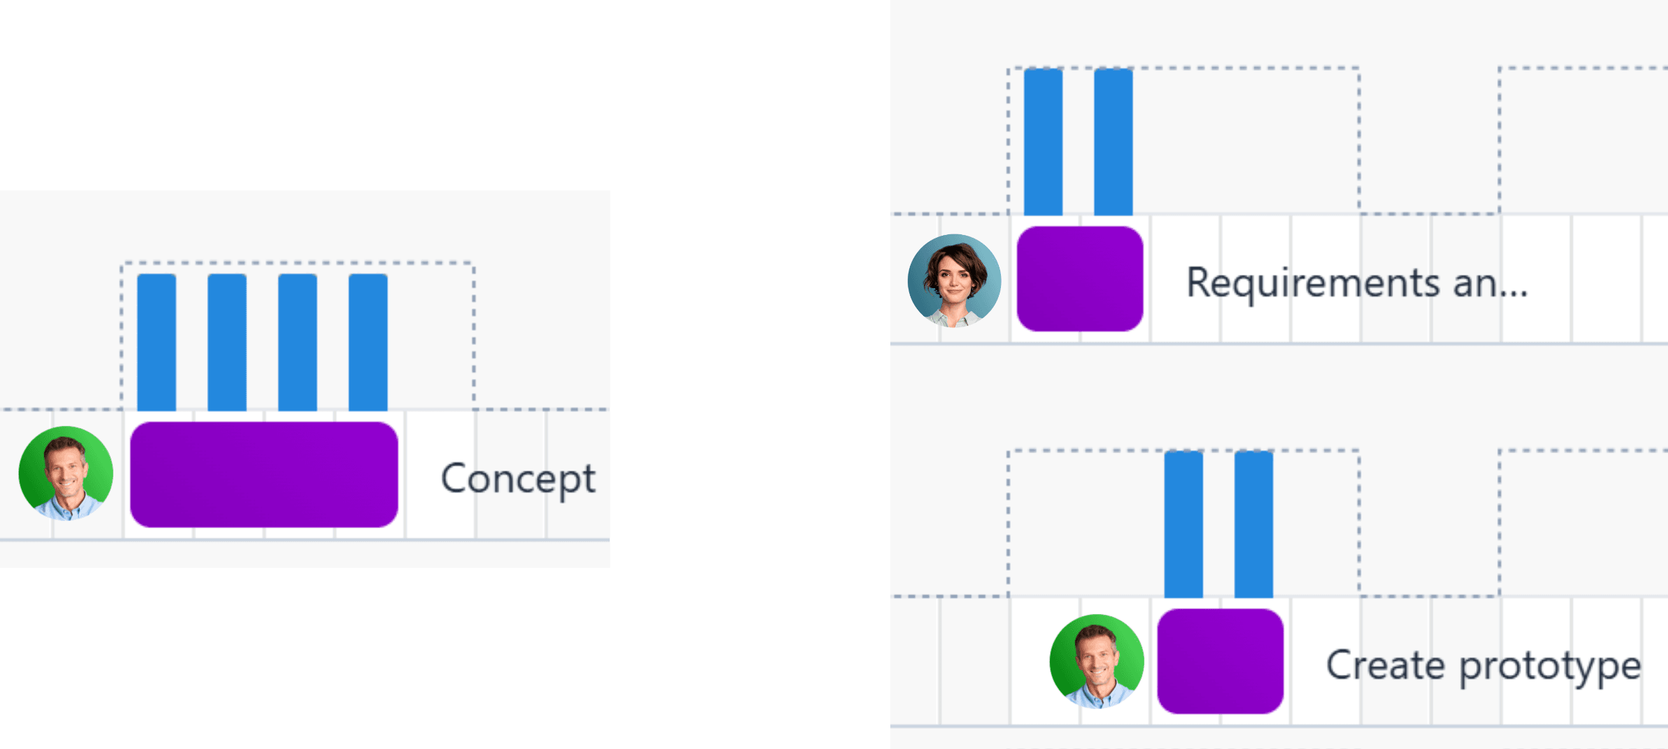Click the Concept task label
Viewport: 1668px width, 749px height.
pos(518,479)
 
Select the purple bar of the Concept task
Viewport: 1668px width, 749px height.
pos(264,474)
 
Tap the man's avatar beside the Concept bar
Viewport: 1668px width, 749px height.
pos(66,473)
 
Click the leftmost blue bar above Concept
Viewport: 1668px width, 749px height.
pos(156,342)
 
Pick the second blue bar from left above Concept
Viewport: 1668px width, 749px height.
pos(227,342)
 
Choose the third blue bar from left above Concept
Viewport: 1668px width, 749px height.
pos(297,342)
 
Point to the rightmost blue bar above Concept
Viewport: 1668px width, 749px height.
pos(368,342)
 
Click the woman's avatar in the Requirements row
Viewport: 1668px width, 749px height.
pos(954,280)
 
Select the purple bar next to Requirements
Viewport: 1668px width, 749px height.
pos(1079,278)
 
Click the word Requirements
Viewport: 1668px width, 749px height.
pos(1313,283)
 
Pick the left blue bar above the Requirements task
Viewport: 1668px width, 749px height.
pos(1043,141)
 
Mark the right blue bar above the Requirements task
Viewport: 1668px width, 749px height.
pos(1113,141)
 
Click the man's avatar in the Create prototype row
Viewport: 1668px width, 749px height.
pos(1097,661)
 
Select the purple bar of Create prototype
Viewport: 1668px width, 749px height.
pos(1220,661)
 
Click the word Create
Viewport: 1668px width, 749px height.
pos(1385,665)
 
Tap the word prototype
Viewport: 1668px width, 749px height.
pos(1550,666)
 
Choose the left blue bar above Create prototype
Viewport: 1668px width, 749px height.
pos(1184,525)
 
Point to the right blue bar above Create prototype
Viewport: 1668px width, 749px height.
pos(1254,525)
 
